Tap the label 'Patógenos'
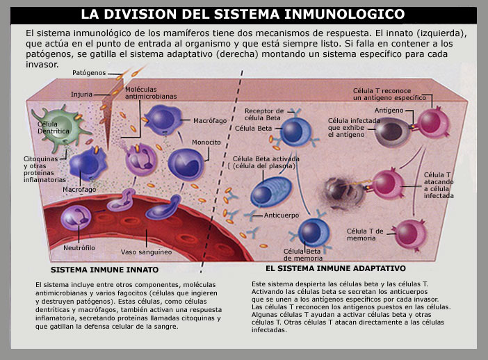pos(89,73)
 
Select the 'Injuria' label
pos(81,95)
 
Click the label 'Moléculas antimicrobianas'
pos(151,93)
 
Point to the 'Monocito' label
pos(206,142)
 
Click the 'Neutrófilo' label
pos(79,248)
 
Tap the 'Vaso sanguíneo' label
pos(146,252)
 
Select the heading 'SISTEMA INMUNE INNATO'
pos(104,270)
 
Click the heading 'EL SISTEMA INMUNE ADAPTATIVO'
pos(336,268)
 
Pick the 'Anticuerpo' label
pos(282,215)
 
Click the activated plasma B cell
pos(271,191)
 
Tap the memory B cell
pos(314,233)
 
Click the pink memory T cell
pos(410,234)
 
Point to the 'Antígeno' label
pos(389,110)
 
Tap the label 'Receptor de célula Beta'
pos(264,115)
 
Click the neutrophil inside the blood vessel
pos(76,218)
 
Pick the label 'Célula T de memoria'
pos(365,235)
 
